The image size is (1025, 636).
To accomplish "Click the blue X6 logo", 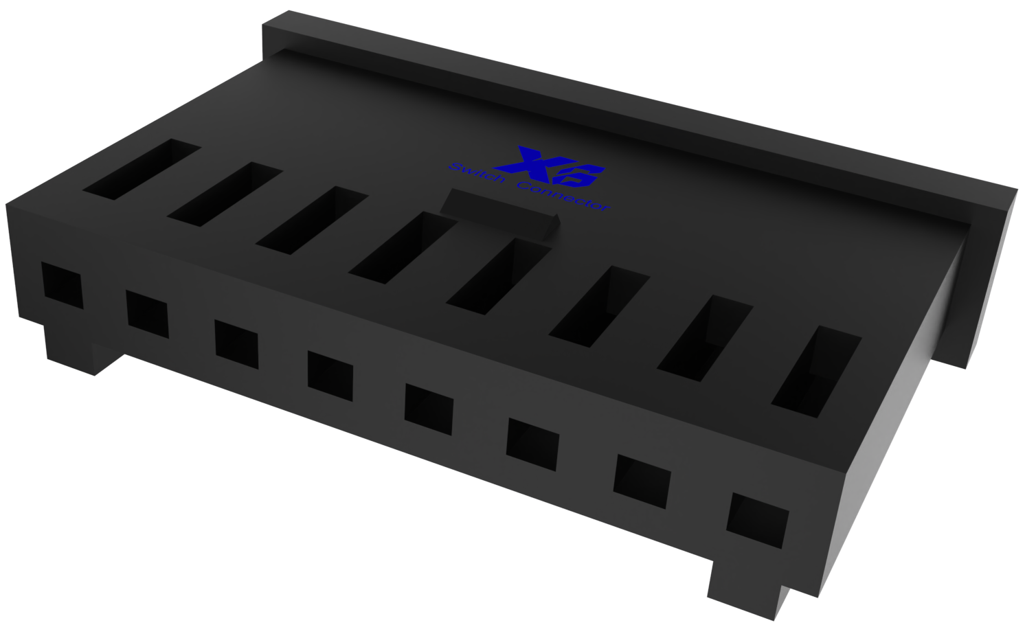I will [x=550, y=168].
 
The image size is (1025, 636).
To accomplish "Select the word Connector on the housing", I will [x=563, y=196].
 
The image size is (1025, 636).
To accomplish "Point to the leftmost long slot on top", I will [x=142, y=170].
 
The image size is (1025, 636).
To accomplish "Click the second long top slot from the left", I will [x=225, y=194].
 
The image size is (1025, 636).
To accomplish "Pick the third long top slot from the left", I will [x=312, y=220].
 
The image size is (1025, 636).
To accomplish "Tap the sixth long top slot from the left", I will [x=599, y=306].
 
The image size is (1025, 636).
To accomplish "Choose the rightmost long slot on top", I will [x=816, y=372].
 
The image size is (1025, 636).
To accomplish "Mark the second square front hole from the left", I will [x=147, y=315].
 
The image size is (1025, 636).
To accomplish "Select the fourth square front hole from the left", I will [x=330, y=376].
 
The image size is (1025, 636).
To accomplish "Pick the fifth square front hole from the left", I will [x=429, y=409].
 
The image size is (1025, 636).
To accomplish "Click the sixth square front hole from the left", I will [x=532, y=444].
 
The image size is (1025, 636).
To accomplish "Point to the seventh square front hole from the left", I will [x=642, y=481].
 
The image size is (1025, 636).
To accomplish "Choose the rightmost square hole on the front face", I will [x=757, y=520].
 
